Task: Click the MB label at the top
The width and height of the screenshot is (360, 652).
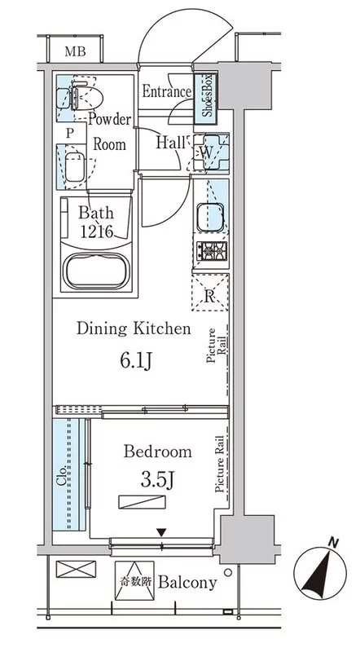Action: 75,51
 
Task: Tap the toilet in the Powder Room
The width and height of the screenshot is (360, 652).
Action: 87,98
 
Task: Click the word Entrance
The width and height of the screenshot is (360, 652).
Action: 167,91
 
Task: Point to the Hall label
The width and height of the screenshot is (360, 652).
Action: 170,143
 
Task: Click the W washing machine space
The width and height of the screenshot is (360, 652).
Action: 211,152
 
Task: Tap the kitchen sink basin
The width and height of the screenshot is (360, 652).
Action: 211,217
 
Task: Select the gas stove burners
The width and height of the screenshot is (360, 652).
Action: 212,251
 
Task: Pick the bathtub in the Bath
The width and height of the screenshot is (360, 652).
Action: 96,271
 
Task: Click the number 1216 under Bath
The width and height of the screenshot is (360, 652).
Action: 96,232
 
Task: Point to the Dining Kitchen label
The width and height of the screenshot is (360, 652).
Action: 134,329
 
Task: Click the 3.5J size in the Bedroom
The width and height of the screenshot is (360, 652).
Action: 156,480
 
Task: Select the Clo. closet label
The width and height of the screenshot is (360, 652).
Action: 62,475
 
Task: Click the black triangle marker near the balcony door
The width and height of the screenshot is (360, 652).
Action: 162,532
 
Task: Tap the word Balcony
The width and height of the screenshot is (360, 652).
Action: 187,583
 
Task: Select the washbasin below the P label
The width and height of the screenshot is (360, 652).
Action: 75,167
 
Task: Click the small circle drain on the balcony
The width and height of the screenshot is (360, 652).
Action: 228,572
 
